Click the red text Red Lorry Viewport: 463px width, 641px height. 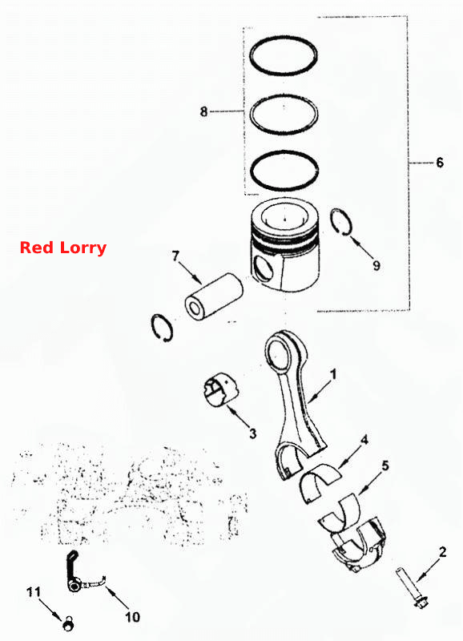[x=63, y=248]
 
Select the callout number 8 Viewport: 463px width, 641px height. [x=204, y=111]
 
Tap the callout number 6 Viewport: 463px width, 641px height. [x=440, y=163]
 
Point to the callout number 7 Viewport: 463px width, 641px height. [x=175, y=256]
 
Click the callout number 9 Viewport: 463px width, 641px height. [x=376, y=265]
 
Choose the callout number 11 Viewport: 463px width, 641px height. [x=34, y=591]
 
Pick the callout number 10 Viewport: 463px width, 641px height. [x=132, y=616]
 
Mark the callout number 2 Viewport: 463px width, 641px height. [x=443, y=552]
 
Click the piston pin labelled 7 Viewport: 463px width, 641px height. [x=214, y=295]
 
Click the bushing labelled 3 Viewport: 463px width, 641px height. [x=220, y=389]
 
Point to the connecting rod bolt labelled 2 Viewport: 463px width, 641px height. [x=412, y=587]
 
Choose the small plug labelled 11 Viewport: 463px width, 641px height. [x=68, y=623]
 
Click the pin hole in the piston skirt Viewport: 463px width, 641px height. [x=263, y=268]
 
